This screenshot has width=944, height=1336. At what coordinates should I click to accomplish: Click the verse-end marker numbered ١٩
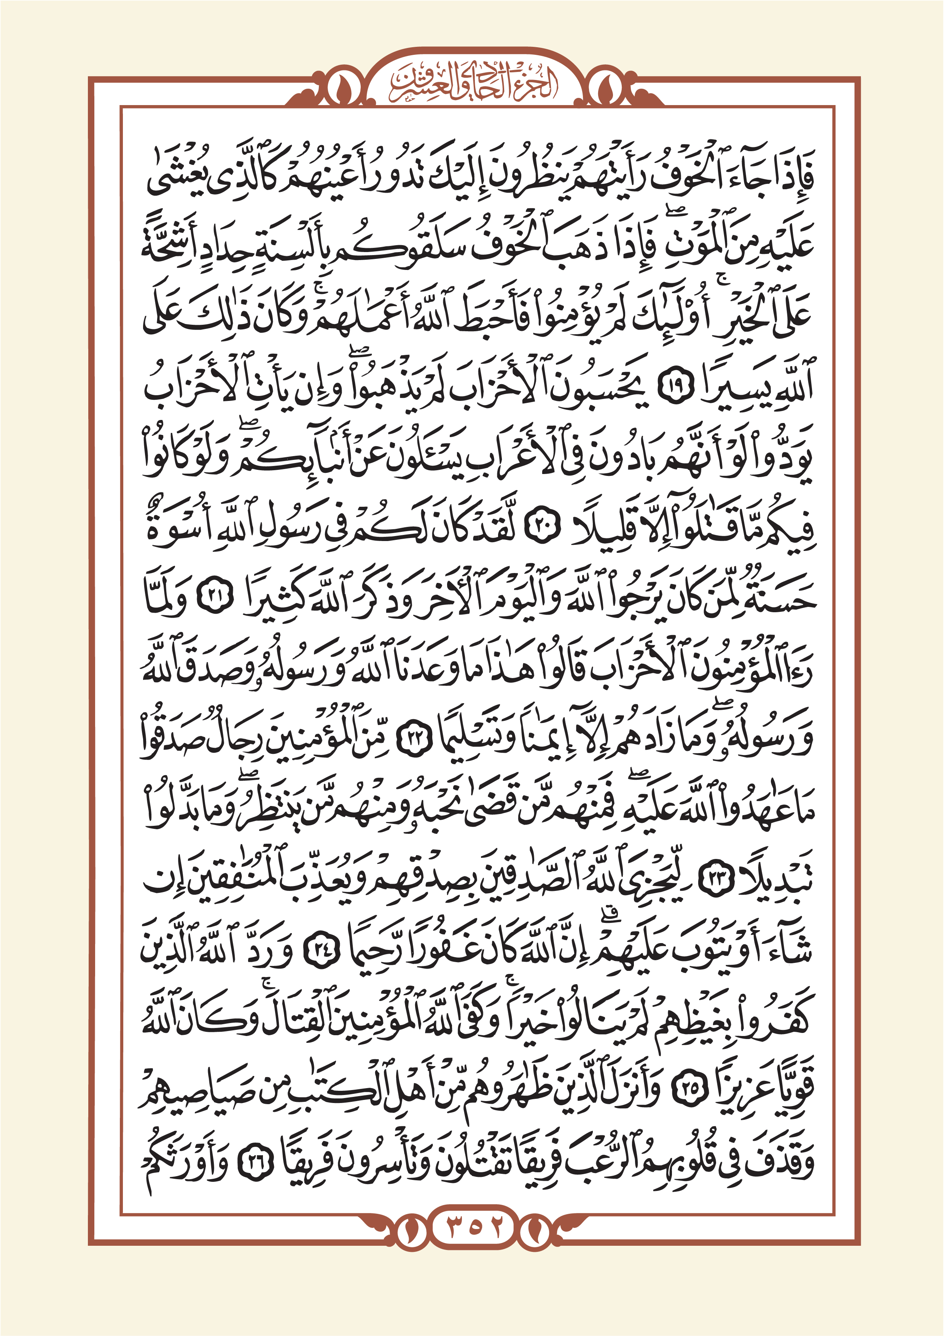point(676,386)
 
